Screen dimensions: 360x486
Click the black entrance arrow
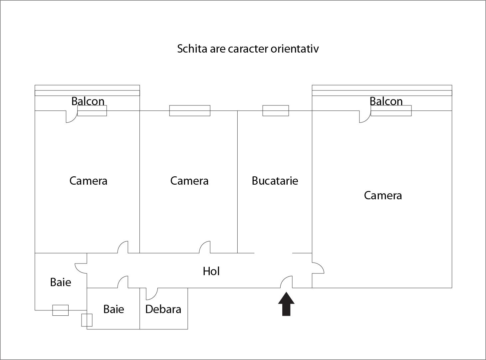[x=286, y=304]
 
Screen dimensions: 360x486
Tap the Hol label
[x=211, y=271]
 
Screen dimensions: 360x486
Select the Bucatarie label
[x=275, y=181]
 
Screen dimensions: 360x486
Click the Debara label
[x=163, y=309]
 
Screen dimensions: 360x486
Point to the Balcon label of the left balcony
[x=88, y=101]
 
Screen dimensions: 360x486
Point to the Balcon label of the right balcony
[x=386, y=101]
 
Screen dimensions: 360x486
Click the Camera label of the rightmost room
[x=383, y=195]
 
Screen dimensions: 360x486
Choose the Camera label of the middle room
[x=189, y=181]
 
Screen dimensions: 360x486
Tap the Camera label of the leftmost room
[x=88, y=181]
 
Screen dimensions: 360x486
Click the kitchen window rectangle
[x=276, y=110]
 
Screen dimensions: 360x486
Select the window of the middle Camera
[x=190, y=110]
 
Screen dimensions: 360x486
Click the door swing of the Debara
[x=152, y=294]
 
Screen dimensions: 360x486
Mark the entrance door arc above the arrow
[x=286, y=282]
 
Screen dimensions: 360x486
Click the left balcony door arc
[x=71, y=117]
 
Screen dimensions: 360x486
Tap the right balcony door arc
[x=364, y=117]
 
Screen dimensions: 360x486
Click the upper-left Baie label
[x=61, y=282]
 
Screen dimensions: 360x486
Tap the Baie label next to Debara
[x=114, y=309]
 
